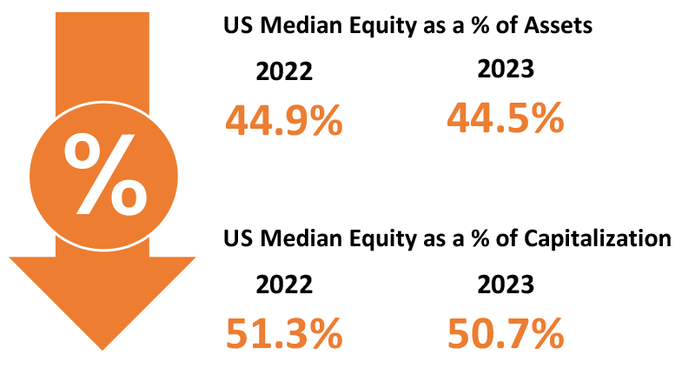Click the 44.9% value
pyautogui.click(x=284, y=120)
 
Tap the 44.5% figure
pyautogui.click(x=506, y=117)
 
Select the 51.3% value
pyautogui.click(x=284, y=333)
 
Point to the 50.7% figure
pyautogui.click(x=506, y=333)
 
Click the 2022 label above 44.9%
pyautogui.click(x=284, y=71)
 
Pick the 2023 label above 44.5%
pyautogui.click(x=506, y=70)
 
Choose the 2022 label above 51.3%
pyautogui.click(x=284, y=285)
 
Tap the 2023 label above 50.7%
pyautogui.click(x=506, y=285)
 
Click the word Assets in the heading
pyautogui.click(x=559, y=25)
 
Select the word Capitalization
pyautogui.click(x=598, y=238)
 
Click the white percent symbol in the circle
pyautogui.click(x=105, y=174)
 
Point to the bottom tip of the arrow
pyautogui.click(x=103, y=350)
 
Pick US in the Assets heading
pyautogui.click(x=240, y=25)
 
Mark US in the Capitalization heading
pyautogui.click(x=240, y=238)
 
